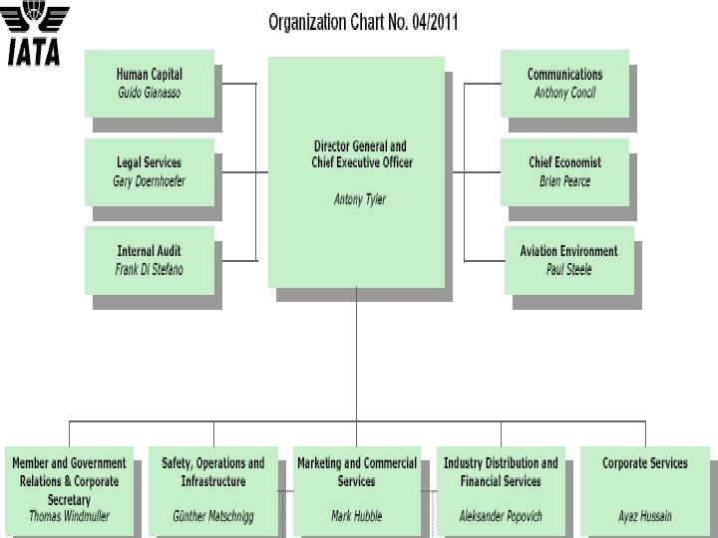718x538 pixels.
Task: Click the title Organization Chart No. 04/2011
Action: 363,22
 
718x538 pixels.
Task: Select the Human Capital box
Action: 150,83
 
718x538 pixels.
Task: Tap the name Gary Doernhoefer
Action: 150,181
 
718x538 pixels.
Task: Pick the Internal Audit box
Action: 150,260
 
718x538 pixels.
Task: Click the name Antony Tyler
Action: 359,199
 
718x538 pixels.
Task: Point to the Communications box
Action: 564,83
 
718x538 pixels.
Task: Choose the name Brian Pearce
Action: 564,181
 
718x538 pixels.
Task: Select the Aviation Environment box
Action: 568,260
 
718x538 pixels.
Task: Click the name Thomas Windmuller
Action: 69,516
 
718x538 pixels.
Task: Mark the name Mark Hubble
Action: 356,516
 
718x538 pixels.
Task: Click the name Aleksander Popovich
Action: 501,516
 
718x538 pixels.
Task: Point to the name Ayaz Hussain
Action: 644,516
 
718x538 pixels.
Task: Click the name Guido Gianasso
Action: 150,93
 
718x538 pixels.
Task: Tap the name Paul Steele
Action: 568,270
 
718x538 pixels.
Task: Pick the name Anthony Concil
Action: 564,93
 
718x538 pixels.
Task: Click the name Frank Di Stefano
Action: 150,270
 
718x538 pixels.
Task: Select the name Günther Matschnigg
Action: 213,516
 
